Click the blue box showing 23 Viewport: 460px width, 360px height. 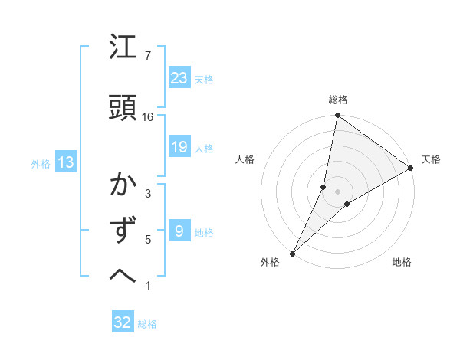click(179, 78)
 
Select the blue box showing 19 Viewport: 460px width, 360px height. click(179, 148)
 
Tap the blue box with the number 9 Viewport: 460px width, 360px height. click(179, 231)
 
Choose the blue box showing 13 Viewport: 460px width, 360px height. click(65, 162)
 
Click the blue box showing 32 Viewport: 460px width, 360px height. click(123, 322)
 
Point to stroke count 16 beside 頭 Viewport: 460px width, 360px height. click(148, 116)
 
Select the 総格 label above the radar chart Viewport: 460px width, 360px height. click(337, 100)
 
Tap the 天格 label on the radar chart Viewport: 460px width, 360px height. click(431, 159)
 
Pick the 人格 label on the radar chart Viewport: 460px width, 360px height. click(245, 159)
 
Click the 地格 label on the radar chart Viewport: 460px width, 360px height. click(402, 262)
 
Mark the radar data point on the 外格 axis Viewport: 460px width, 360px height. click(292, 253)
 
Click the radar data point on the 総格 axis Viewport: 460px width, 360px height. click(337, 116)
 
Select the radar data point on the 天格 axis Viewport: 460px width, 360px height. click(410, 168)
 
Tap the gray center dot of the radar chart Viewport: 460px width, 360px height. click(337, 191)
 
